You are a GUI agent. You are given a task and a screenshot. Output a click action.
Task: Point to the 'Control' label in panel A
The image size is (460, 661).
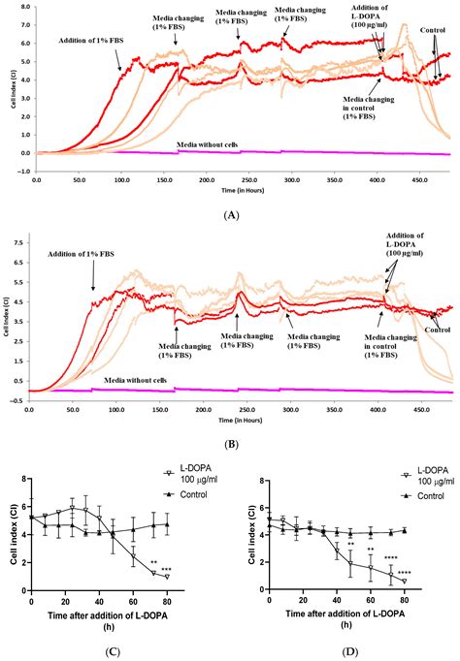(434, 44)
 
